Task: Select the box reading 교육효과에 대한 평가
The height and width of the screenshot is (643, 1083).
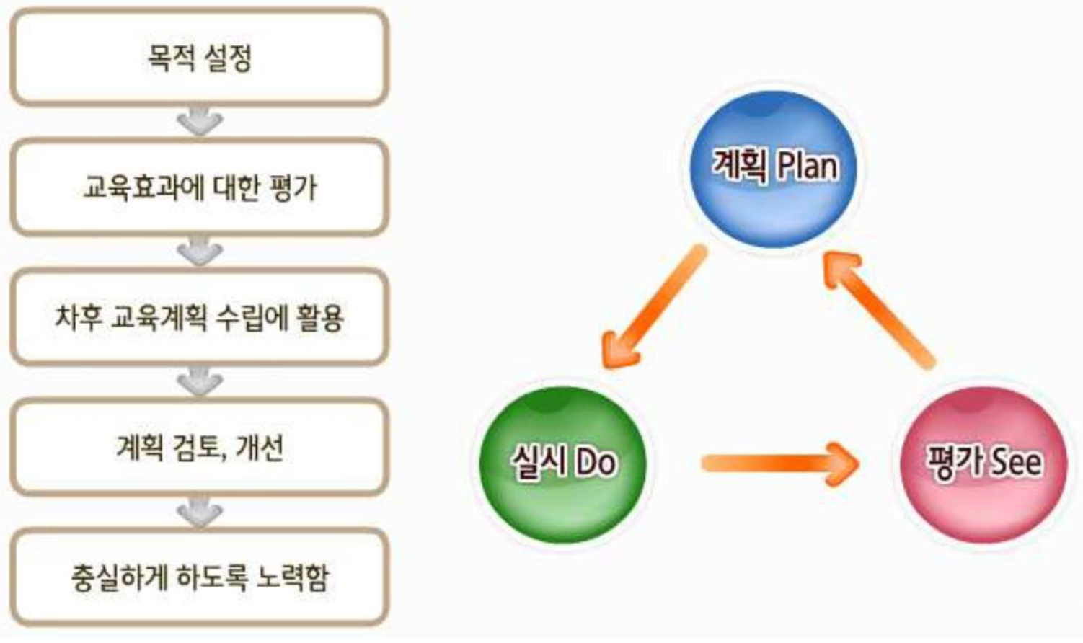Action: [199, 187]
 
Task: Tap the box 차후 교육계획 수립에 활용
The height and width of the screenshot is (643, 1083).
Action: [199, 317]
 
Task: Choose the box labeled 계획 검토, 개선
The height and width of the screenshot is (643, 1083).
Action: [199, 447]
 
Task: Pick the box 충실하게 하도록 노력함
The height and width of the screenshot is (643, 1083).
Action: [199, 577]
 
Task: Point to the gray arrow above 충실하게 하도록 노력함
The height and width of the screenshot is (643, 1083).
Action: [200, 512]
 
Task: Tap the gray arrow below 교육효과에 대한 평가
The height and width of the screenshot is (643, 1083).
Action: [200, 252]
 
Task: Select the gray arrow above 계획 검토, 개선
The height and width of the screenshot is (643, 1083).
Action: [200, 382]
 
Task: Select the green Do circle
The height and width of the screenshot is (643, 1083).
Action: [562, 464]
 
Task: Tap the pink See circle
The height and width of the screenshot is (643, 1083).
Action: [983, 464]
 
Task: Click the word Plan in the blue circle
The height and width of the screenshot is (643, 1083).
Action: [808, 167]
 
